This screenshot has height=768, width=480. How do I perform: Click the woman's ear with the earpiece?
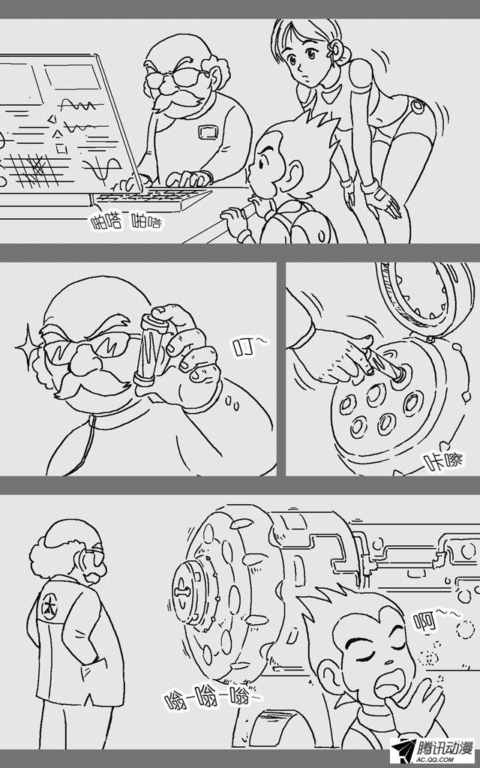pos(337,48)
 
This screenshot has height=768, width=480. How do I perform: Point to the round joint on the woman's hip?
pos(418,106)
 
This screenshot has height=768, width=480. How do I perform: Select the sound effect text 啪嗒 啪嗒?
pos(126,223)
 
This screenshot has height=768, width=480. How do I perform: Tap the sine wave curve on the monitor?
pos(103,169)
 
